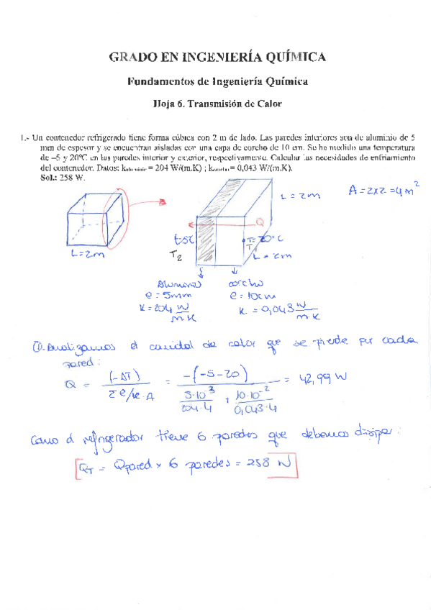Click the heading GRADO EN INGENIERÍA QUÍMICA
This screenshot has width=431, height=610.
tap(217, 57)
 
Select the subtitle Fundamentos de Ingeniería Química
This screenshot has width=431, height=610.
tap(217, 82)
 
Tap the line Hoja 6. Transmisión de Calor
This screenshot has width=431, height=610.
tap(217, 104)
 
